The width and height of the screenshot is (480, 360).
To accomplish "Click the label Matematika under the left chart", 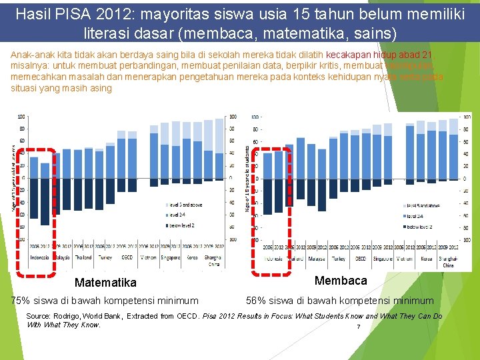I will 105,283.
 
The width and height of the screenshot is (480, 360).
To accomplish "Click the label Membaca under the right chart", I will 341,280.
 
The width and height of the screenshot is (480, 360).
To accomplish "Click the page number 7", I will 358,327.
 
